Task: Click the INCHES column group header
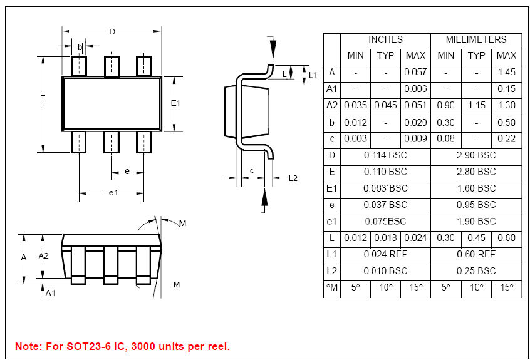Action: pyautogui.click(x=385, y=39)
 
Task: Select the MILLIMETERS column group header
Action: pyautogui.click(x=476, y=39)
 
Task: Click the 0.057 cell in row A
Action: pyautogui.click(x=415, y=72)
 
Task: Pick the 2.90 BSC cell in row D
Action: pyautogui.click(x=476, y=155)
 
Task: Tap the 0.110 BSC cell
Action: pyautogui.click(x=385, y=172)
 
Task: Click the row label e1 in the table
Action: pyautogui.click(x=331, y=221)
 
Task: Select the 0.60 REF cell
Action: pyautogui.click(x=476, y=254)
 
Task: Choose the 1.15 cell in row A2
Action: pyautogui.click(x=477, y=105)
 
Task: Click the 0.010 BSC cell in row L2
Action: pyautogui.click(x=385, y=271)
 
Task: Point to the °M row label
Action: pyautogui.click(x=331, y=287)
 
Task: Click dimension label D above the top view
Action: pyautogui.click(x=112, y=31)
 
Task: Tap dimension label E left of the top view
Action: pyautogui.click(x=43, y=99)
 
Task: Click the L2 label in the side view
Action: pyautogui.click(x=293, y=178)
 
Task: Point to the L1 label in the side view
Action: pyautogui.click(x=313, y=75)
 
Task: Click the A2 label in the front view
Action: pyautogui.click(x=44, y=256)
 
